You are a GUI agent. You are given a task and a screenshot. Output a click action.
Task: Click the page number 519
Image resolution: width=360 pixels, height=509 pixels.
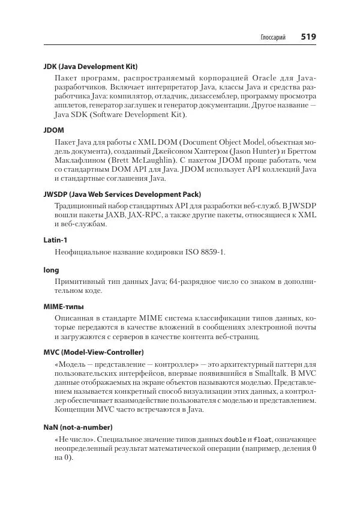[x=308, y=37]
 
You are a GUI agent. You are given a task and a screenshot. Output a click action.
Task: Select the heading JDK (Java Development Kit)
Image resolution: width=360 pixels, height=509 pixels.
[x=95, y=66]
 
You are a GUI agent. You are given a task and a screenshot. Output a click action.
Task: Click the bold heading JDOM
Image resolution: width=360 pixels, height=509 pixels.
[x=54, y=130]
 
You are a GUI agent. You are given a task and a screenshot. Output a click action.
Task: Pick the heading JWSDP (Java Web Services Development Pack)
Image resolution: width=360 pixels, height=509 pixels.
[x=122, y=194]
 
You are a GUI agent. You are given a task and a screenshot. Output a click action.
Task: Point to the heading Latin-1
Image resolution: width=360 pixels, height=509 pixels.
[x=56, y=240]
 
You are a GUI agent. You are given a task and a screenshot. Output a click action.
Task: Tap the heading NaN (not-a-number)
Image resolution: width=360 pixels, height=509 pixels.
[x=79, y=427]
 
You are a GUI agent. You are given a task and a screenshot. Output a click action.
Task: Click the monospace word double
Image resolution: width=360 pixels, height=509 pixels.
[x=236, y=439]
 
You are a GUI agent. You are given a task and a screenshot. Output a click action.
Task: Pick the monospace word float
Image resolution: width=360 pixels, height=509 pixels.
[x=262, y=439]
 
